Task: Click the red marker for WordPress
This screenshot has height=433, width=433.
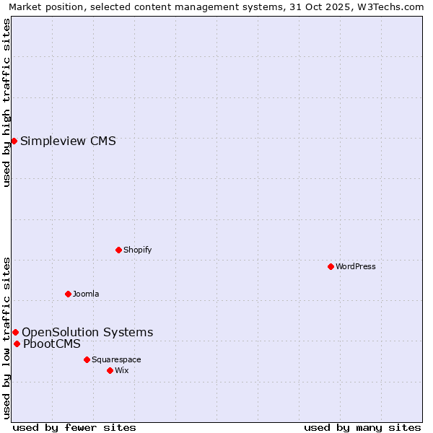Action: click(331, 266)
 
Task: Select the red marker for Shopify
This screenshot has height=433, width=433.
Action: click(118, 250)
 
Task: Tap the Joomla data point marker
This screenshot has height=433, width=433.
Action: click(68, 294)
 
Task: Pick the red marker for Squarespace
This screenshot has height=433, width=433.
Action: click(87, 359)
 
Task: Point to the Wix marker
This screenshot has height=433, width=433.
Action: click(110, 370)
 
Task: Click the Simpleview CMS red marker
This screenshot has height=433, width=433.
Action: click(14, 141)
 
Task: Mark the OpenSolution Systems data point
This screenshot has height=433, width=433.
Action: click(15, 332)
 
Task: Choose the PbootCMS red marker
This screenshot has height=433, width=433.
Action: click(17, 344)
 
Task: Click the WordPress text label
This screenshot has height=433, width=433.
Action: click(356, 266)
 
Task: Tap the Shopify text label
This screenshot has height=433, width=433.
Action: click(137, 250)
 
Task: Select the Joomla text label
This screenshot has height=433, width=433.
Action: click(86, 294)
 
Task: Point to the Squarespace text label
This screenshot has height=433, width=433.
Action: click(116, 359)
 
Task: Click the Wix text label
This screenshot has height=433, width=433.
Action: click(121, 370)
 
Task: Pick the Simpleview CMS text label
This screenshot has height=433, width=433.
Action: click(68, 141)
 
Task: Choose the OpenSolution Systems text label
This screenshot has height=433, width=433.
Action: click(87, 332)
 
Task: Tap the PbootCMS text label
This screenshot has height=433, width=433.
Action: click(52, 344)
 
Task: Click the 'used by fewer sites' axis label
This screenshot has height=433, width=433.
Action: click(74, 427)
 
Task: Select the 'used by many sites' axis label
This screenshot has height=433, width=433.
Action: click(362, 427)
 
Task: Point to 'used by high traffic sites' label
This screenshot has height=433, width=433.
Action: click(6, 102)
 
